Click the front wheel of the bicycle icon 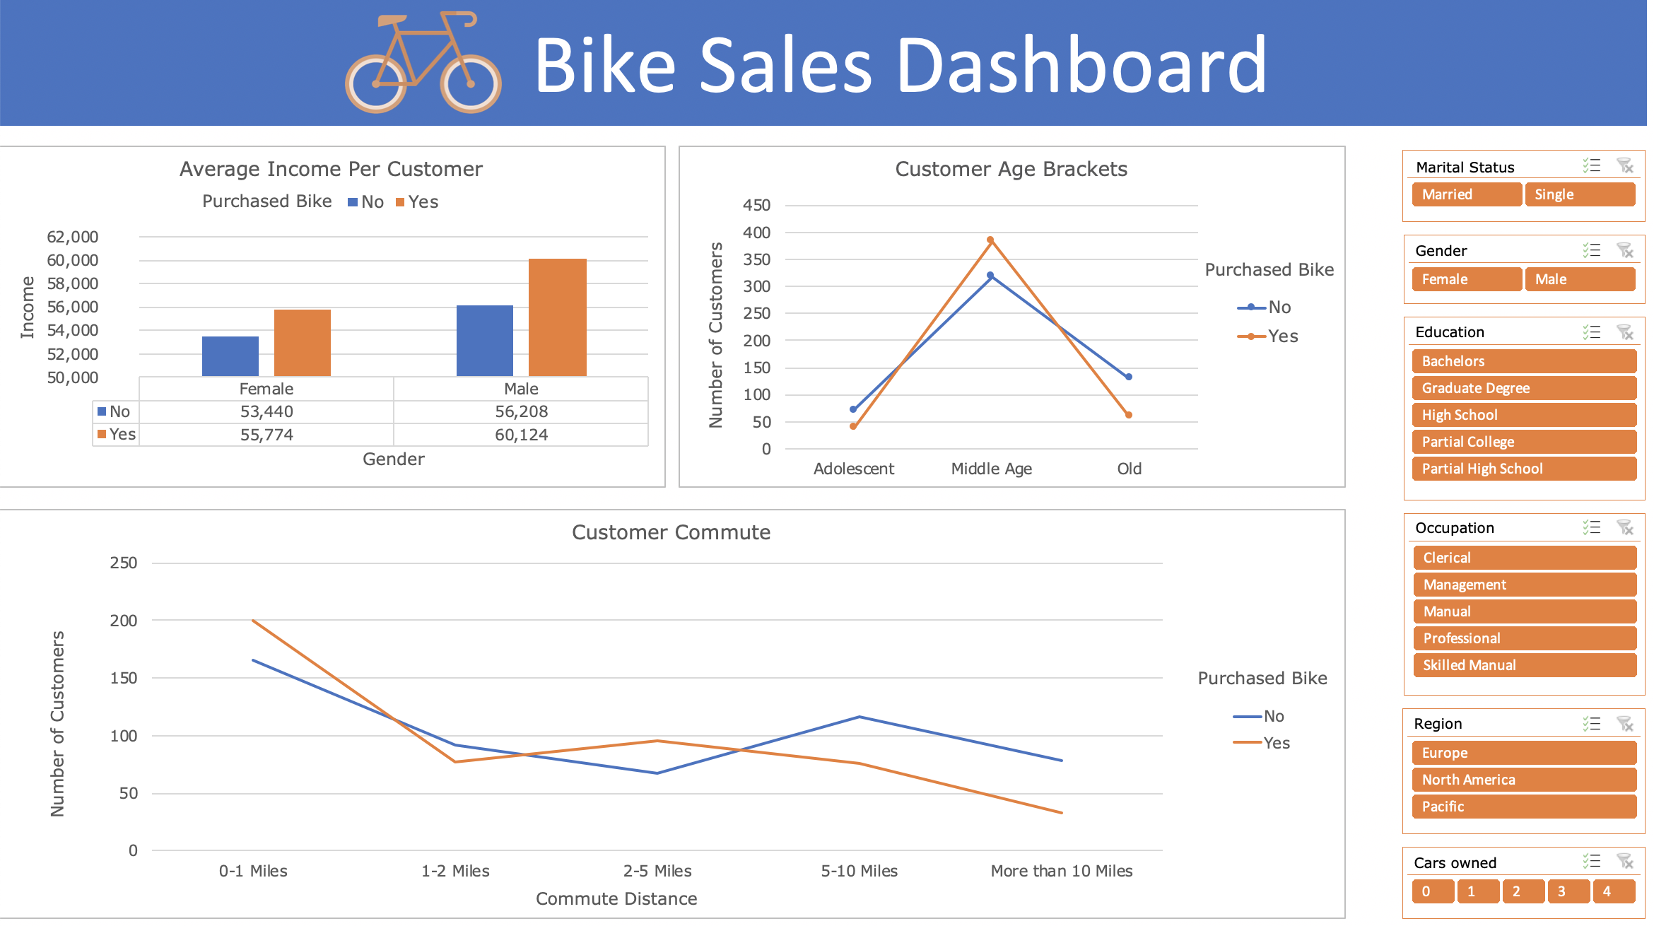point(470,83)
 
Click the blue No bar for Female point(230,356)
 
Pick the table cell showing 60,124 point(521,435)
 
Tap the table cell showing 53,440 point(266,411)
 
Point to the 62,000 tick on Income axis point(72,237)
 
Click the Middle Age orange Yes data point point(990,240)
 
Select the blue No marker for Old point(1129,377)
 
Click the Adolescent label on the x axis point(853,469)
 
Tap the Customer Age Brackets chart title point(1011,169)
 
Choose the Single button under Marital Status point(1579,194)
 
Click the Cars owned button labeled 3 point(1568,891)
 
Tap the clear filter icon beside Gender point(1625,250)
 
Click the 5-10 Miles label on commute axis point(859,871)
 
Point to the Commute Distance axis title point(616,898)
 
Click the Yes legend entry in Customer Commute point(1263,743)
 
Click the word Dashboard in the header point(1081,65)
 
